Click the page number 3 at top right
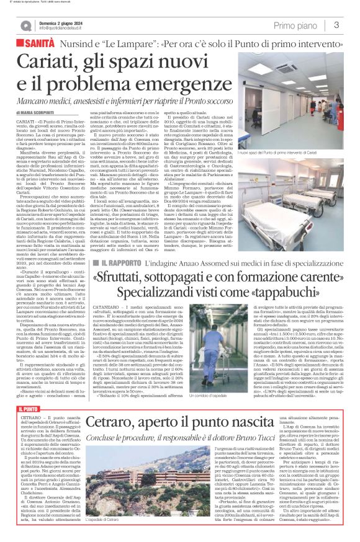point(336,25)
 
